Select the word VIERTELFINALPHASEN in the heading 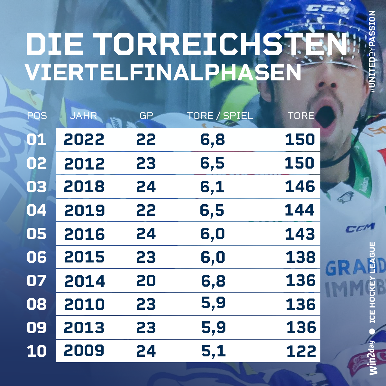(x=163, y=72)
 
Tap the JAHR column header (x=83, y=116)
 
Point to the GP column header (x=146, y=116)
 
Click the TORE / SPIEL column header (x=220, y=116)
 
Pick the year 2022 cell (x=84, y=140)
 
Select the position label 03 (x=37, y=187)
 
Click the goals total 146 (x=300, y=187)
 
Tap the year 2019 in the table (x=85, y=210)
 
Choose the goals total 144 (x=299, y=210)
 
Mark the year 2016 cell (x=84, y=234)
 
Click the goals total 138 (x=300, y=257)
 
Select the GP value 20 (x=146, y=281)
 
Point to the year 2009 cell (x=84, y=351)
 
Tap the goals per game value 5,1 (x=213, y=351)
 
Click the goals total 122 (x=301, y=351)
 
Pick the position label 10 (x=37, y=351)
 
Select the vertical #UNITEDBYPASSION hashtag (x=372, y=51)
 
